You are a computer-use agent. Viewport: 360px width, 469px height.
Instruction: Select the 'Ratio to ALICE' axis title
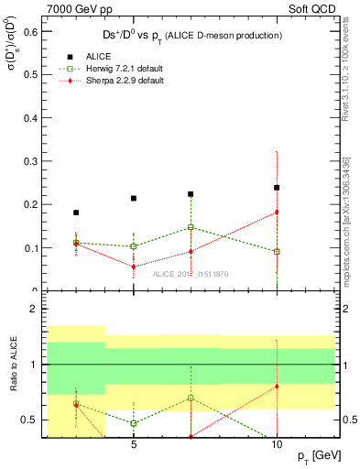[x=12, y=365]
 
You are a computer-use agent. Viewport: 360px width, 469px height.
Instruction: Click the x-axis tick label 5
[x=134, y=446]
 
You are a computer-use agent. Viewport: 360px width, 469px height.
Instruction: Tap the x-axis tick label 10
[x=277, y=446]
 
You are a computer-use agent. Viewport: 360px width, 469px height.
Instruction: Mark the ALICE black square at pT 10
[x=277, y=188]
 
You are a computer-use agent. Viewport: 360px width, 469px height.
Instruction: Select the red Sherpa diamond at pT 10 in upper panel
[x=277, y=212]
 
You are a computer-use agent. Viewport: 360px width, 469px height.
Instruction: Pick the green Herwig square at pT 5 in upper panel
[x=134, y=246]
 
